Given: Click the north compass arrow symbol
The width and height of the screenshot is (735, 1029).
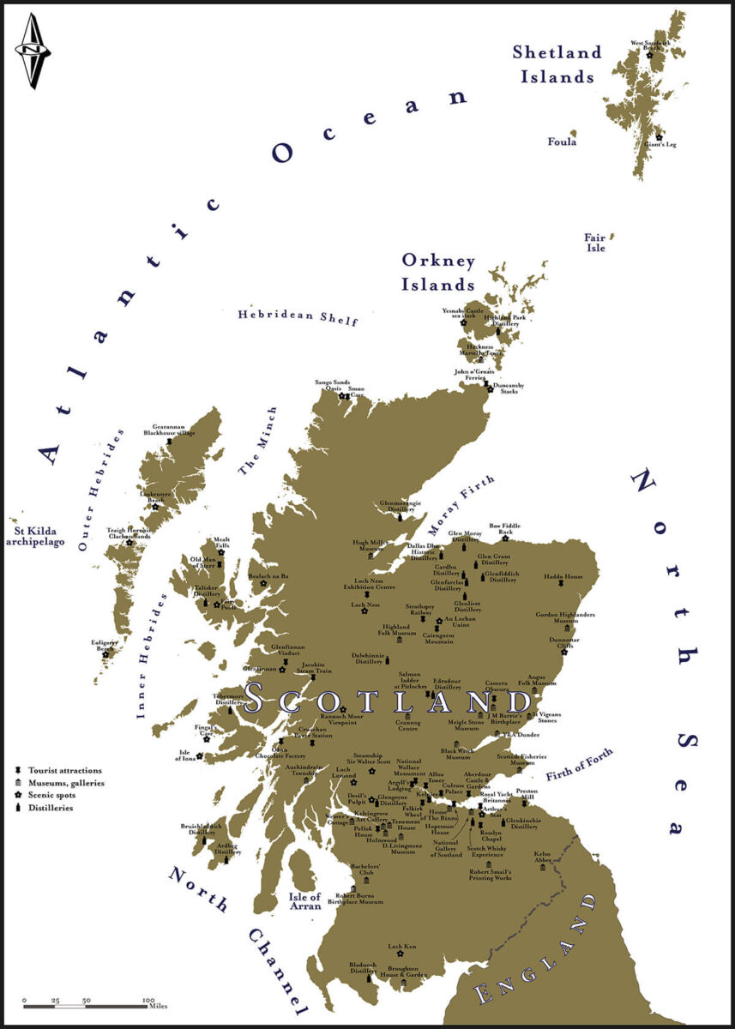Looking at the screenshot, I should click(x=33, y=51).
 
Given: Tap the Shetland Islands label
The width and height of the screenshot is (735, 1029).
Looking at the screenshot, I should click(x=557, y=63).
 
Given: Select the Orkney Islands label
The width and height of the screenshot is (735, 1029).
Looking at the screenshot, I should click(x=439, y=271).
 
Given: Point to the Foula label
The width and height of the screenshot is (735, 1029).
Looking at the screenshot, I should click(x=562, y=141).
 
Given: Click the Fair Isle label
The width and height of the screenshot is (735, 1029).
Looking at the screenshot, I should click(x=594, y=242).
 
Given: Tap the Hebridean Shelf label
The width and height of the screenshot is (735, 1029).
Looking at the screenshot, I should click(x=298, y=315).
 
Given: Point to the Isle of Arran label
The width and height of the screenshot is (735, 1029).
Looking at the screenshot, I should click(x=304, y=902).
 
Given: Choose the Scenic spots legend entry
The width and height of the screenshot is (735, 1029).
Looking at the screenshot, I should click(x=51, y=796).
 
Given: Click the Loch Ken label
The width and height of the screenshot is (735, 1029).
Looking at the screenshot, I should click(x=401, y=947).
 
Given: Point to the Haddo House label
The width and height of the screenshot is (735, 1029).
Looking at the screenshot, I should click(x=562, y=577).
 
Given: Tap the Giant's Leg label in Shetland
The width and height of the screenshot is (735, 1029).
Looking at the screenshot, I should click(x=663, y=144).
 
